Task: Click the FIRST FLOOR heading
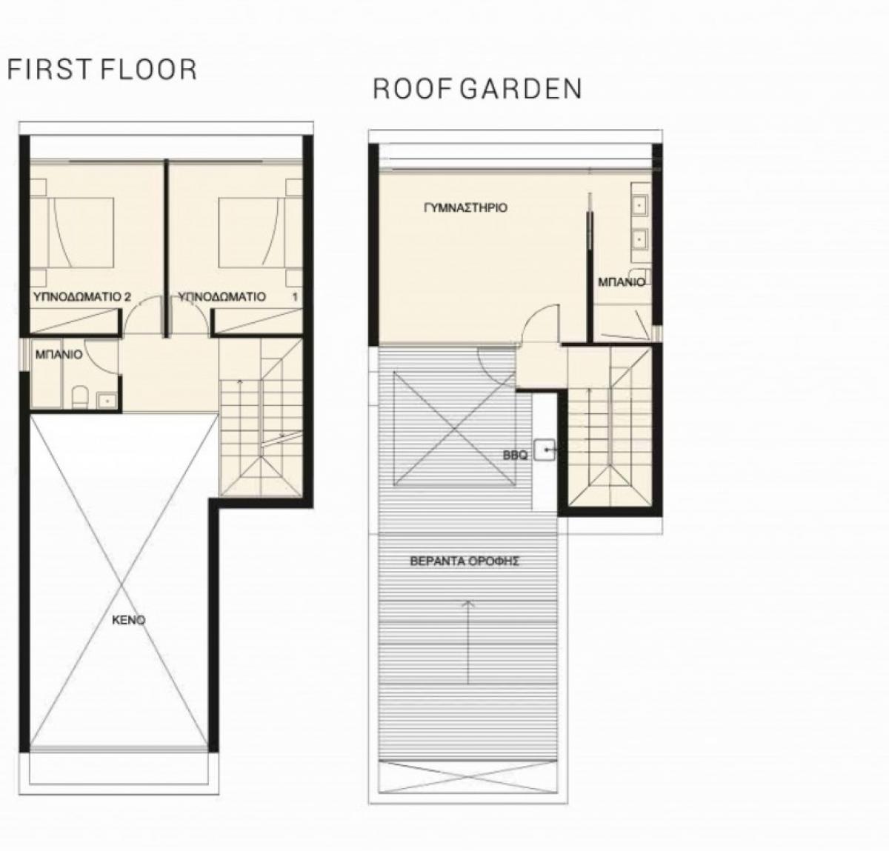click(x=102, y=70)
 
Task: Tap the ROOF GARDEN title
click(x=477, y=89)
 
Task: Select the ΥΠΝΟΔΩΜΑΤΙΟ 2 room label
click(x=82, y=297)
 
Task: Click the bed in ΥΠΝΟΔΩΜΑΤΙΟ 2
click(x=81, y=233)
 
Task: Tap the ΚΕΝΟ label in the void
click(x=129, y=620)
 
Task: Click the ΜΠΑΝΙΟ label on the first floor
click(x=59, y=355)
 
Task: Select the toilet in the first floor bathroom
click(x=80, y=398)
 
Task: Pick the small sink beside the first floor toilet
click(x=107, y=400)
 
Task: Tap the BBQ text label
click(x=515, y=455)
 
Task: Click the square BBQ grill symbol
click(x=545, y=450)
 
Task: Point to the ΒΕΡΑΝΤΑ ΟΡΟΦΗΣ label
click(x=465, y=561)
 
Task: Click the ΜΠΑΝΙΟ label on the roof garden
click(x=622, y=282)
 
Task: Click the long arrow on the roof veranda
click(x=467, y=642)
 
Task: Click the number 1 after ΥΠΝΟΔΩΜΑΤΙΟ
click(x=295, y=297)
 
